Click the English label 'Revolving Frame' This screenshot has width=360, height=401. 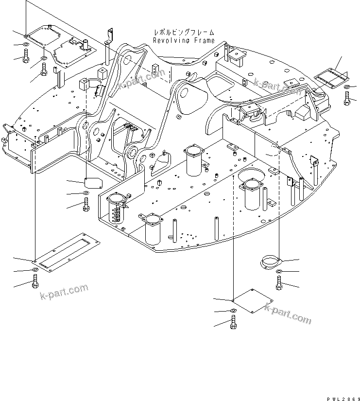pyautogui.click(x=183, y=41)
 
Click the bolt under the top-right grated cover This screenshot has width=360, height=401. pyautogui.click(x=347, y=99)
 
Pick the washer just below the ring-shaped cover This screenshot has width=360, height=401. pyautogui.click(x=279, y=271)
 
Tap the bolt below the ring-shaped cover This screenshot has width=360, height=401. pyautogui.click(x=279, y=283)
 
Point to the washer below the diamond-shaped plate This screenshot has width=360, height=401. pyautogui.click(x=234, y=311)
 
